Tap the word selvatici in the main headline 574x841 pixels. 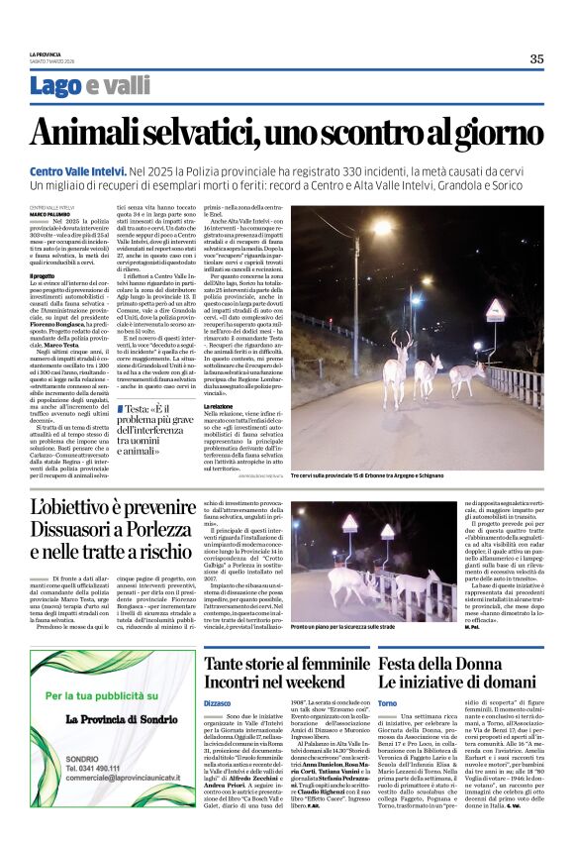point(214,133)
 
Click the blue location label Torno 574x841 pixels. point(388,701)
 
